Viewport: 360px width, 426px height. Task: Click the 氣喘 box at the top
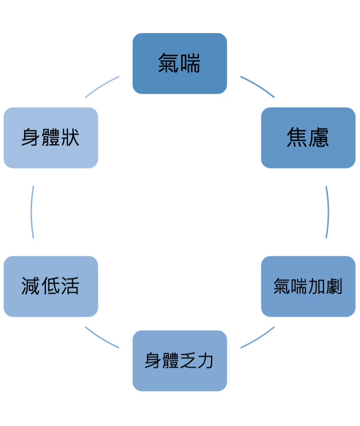coord(179,63)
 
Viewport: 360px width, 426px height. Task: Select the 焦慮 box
coord(308,138)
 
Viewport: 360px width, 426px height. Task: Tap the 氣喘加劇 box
coord(308,287)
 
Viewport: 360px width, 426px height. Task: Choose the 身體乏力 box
coord(179,360)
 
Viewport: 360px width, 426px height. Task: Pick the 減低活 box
coord(50,287)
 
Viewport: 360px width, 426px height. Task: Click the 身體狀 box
coord(50,138)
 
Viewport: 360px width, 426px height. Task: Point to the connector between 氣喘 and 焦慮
coord(258,86)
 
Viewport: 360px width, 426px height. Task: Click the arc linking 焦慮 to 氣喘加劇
coord(328,212)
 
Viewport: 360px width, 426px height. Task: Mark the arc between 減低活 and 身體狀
coord(32,212)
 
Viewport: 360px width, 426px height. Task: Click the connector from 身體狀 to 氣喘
coord(102,86)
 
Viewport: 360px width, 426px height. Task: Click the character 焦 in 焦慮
coord(297,138)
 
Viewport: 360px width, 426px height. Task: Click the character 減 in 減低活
coord(30,287)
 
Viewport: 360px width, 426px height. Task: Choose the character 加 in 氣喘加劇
coord(317,287)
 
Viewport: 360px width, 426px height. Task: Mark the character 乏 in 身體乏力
coord(188,360)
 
